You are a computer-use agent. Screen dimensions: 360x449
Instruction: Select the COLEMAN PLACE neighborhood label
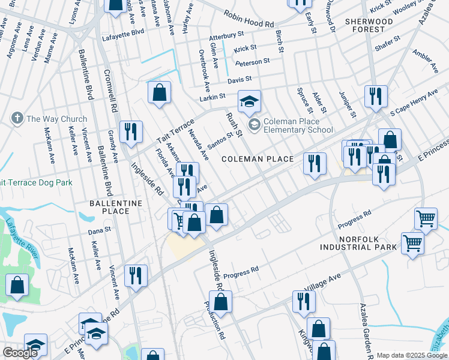pyautogui.click(x=258, y=159)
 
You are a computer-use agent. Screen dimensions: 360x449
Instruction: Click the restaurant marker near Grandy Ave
pyautogui.click(x=131, y=131)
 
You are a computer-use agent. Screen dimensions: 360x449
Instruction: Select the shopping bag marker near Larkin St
pyautogui.click(x=159, y=93)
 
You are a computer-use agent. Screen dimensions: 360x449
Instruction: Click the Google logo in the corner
pyautogui.click(x=20, y=353)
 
